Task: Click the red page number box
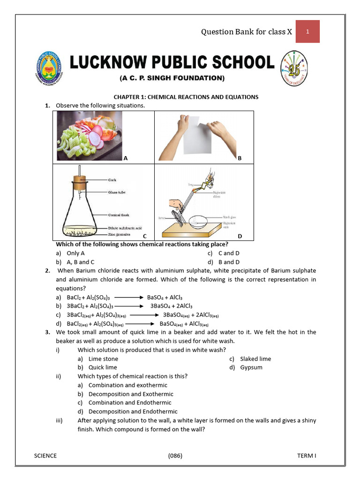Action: [307, 31]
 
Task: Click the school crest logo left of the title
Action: [49, 67]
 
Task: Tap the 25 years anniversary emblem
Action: [294, 67]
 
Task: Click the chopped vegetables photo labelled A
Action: [89, 135]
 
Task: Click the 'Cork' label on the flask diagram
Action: [112, 180]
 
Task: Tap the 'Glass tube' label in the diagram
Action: [117, 192]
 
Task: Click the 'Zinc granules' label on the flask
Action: [120, 233]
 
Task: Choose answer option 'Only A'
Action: [75, 253]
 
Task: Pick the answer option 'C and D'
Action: [229, 253]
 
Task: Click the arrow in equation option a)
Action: [127, 297]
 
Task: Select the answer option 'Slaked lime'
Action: [255, 359]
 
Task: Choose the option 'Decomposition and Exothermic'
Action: [131, 394]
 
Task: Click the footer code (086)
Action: [175, 456]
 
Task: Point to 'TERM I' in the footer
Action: [307, 456]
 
